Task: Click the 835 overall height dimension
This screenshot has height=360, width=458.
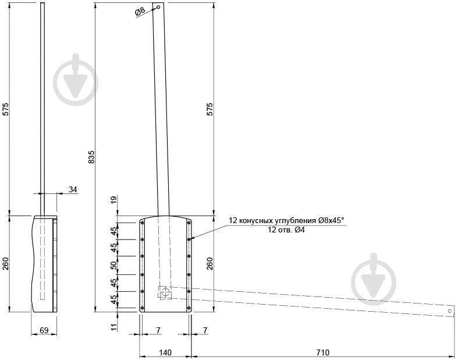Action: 91,157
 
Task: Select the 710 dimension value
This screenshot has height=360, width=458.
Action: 322,352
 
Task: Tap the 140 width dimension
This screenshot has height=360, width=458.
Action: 165,352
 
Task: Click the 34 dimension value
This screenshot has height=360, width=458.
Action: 73,189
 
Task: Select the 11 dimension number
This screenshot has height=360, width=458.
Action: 114,327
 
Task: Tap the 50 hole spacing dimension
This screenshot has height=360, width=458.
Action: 114,265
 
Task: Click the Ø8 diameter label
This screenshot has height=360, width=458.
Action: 140,12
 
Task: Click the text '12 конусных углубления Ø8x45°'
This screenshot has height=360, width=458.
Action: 286,220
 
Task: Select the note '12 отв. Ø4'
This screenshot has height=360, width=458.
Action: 286,230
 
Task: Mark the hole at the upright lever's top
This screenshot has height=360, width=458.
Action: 158,8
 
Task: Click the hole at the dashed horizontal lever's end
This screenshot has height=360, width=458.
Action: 449,311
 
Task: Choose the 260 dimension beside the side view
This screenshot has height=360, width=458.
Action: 6,263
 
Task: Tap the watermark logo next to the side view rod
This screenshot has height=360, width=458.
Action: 75,81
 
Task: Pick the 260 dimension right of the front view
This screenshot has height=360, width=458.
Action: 211,263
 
